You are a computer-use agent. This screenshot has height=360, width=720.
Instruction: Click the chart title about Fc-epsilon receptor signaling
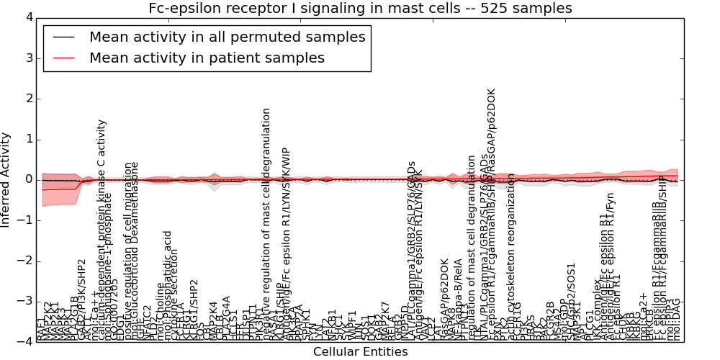click(x=360, y=9)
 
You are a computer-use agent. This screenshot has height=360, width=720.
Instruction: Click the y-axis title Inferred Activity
click(x=6, y=180)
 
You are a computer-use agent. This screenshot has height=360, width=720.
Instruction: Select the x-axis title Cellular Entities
click(x=360, y=352)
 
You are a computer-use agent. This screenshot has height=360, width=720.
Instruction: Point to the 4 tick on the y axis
click(x=28, y=17)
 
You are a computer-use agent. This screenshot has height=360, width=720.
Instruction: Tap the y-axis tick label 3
click(x=28, y=58)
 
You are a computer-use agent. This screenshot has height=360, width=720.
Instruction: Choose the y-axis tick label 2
click(x=28, y=98)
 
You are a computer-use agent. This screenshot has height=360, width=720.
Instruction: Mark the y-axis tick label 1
click(x=28, y=139)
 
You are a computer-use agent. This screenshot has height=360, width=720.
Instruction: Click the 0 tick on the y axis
click(x=28, y=179)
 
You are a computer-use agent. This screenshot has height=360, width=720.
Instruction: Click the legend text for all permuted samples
click(x=227, y=37)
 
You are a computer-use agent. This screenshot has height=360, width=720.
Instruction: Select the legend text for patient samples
click(x=207, y=58)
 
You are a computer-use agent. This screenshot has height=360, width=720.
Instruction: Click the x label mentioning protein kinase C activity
click(x=102, y=230)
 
